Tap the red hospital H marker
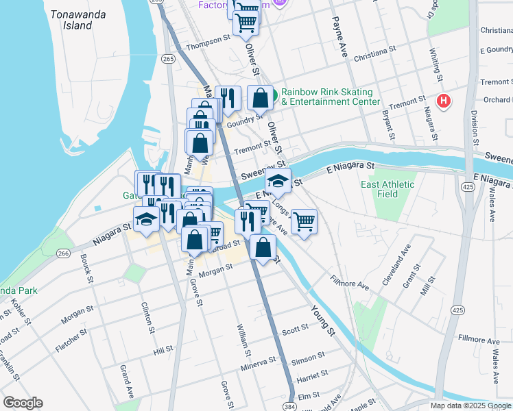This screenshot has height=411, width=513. pyautogui.click(x=444, y=101)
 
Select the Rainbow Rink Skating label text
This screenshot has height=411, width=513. pyautogui.click(x=326, y=92)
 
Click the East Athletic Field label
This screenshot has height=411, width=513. pyautogui.click(x=388, y=189)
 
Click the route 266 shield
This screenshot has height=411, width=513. pyautogui.click(x=63, y=253)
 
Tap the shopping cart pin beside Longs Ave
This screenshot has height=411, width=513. pyautogui.click(x=304, y=221)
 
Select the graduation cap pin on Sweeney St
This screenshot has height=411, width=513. pyautogui.click(x=278, y=181)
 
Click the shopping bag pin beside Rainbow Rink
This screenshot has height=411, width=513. pyautogui.click(x=261, y=98)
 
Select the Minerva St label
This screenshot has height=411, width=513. pyautogui.click(x=258, y=363)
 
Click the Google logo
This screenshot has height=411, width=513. pyautogui.click(x=23, y=403)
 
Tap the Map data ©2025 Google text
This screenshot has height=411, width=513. pyautogui.click(x=470, y=406)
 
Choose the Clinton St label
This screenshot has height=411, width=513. pyautogui.click(x=145, y=318)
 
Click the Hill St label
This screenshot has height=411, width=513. pyautogui.click(x=163, y=350)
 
